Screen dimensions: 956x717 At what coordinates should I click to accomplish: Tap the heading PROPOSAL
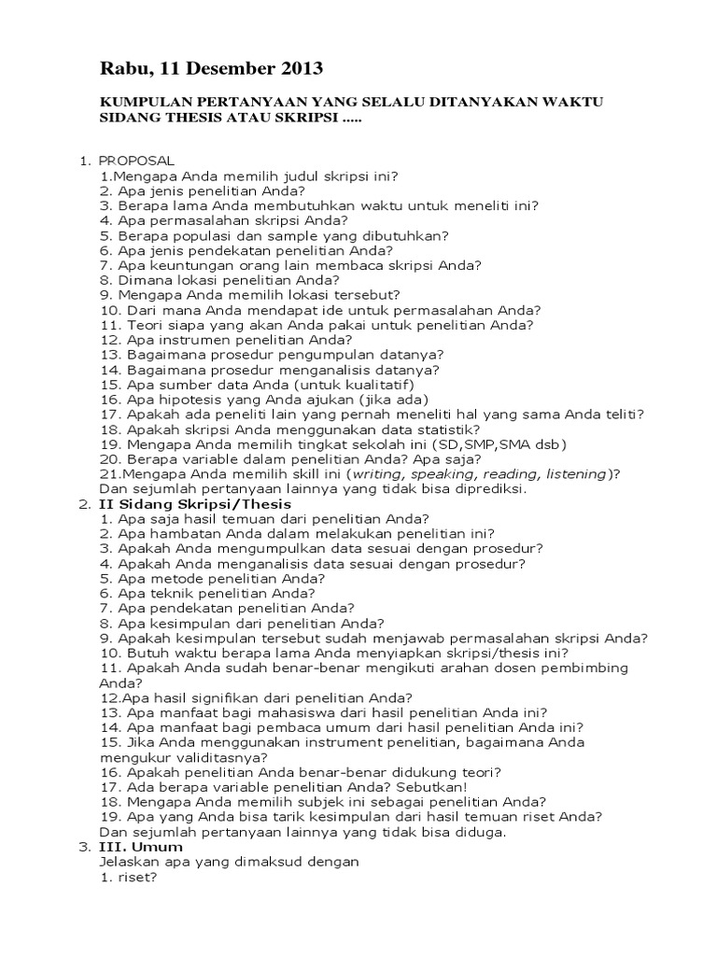click(x=136, y=161)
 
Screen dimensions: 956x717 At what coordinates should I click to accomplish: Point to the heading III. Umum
click(x=141, y=847)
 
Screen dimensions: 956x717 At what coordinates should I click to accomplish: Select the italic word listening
click(x=573, y=474)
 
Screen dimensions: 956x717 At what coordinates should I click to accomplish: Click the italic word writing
click(x=374, y=474)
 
